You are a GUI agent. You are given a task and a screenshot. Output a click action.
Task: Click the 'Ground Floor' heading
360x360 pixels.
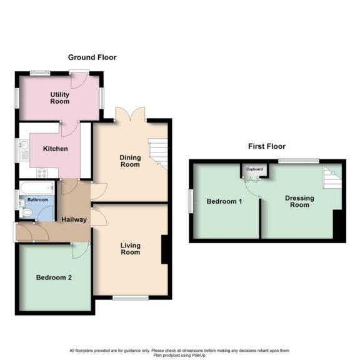[x=92, y=57]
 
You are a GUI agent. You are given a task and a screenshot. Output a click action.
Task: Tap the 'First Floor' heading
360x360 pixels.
[x=266, y=146]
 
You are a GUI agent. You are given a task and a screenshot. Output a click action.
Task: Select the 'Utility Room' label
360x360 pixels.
[x=60, y=97]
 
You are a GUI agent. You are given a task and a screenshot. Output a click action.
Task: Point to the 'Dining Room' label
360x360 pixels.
[x=129, y=161]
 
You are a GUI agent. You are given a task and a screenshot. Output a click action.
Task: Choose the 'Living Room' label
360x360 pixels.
[x=129, y=249]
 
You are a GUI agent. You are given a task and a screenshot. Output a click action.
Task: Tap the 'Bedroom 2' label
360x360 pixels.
[x=53, y=277]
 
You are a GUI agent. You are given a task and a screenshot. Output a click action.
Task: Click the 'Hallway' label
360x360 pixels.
[x=74, y=219]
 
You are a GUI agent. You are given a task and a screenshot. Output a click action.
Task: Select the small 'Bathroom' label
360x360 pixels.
[x=34, y=201]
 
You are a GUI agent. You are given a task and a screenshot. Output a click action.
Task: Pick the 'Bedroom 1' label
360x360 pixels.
[x=224, y=201]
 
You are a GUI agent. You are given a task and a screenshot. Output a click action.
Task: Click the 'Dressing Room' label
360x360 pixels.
[x=299, y=202]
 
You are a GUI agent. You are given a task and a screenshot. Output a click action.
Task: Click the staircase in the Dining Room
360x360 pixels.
[x=159, y=153]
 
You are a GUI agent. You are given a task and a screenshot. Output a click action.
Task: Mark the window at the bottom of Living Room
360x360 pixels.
[x=130, y=298]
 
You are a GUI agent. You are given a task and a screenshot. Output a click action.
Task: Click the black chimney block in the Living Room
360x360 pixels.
[x=165, y=249]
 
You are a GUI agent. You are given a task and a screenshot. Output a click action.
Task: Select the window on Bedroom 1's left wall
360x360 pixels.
[x=191, y=201]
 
